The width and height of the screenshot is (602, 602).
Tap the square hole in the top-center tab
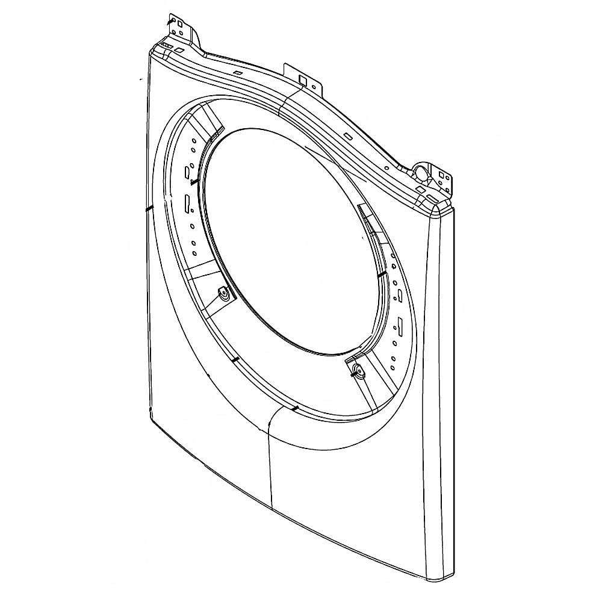click(303, 78)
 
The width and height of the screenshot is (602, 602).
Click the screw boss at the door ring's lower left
click(224, 294)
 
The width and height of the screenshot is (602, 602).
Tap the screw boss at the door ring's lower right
click(358, 370)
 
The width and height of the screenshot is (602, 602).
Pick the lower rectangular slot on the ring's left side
click(187, 203)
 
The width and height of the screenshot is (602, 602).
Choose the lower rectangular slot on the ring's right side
click(398, 327)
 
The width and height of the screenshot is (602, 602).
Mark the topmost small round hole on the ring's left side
click(193, 141)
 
